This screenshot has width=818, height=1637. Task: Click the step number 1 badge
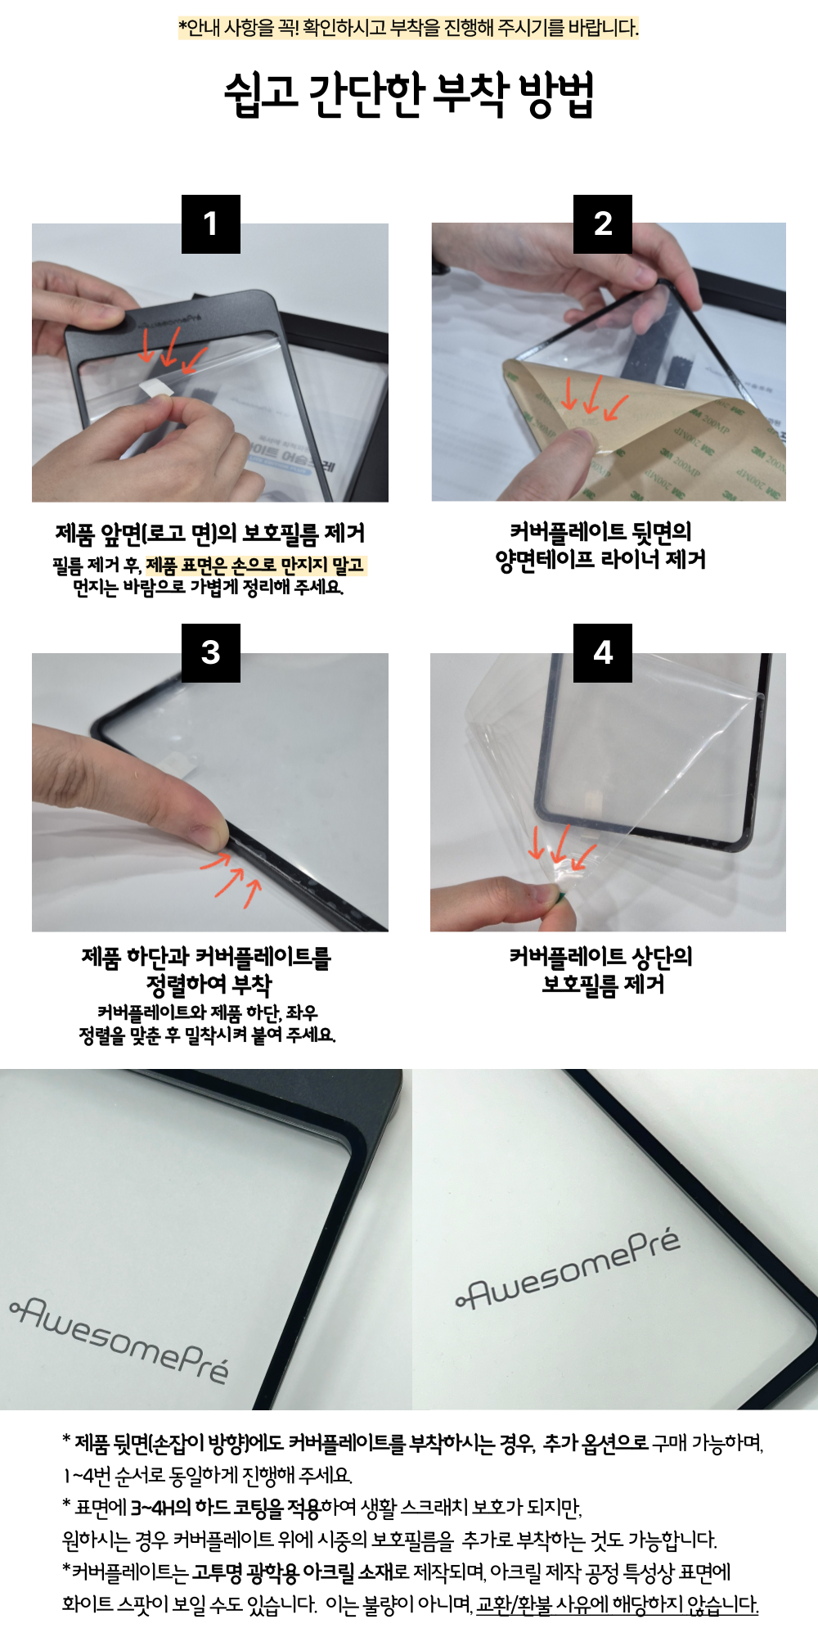point(211,223)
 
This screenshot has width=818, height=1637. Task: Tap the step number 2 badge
point(603,223)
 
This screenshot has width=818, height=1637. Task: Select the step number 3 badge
point(211,652)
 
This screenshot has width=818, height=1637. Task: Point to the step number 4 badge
point(603,652)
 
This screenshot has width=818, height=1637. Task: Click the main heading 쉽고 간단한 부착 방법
point(409,94)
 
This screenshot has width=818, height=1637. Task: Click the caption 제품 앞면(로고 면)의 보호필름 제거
point(210,534)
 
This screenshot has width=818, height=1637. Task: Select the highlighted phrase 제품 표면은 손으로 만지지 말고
point(256,565)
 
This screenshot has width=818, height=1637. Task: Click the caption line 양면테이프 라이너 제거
point(601,560)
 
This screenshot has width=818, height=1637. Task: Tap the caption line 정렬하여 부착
point(209,984)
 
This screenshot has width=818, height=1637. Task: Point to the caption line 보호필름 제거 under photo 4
point(603,984)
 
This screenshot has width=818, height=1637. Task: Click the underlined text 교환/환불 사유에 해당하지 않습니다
point(618,1604)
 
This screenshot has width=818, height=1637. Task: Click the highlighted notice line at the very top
point(409,28)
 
